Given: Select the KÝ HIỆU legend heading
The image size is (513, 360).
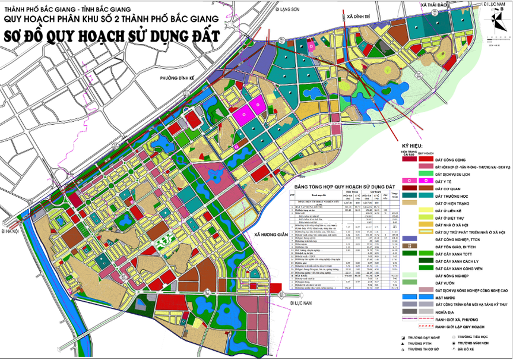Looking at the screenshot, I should point(414,145).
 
